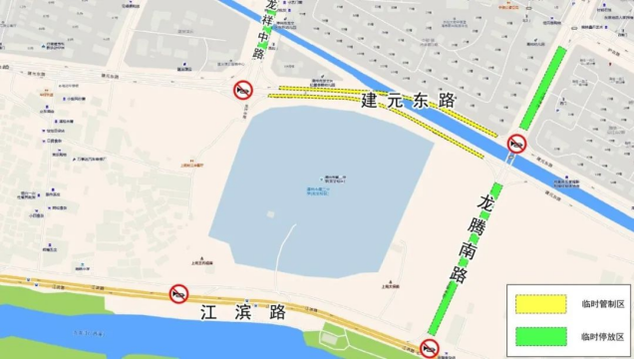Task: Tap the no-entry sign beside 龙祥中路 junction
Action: [x=243, y=91]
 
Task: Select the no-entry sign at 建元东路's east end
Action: [x=516, y=145]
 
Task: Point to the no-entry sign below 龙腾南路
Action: [x=430, y=349]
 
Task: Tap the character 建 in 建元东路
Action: [x=370, y=100]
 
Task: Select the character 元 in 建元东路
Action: [x=395, y=100]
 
